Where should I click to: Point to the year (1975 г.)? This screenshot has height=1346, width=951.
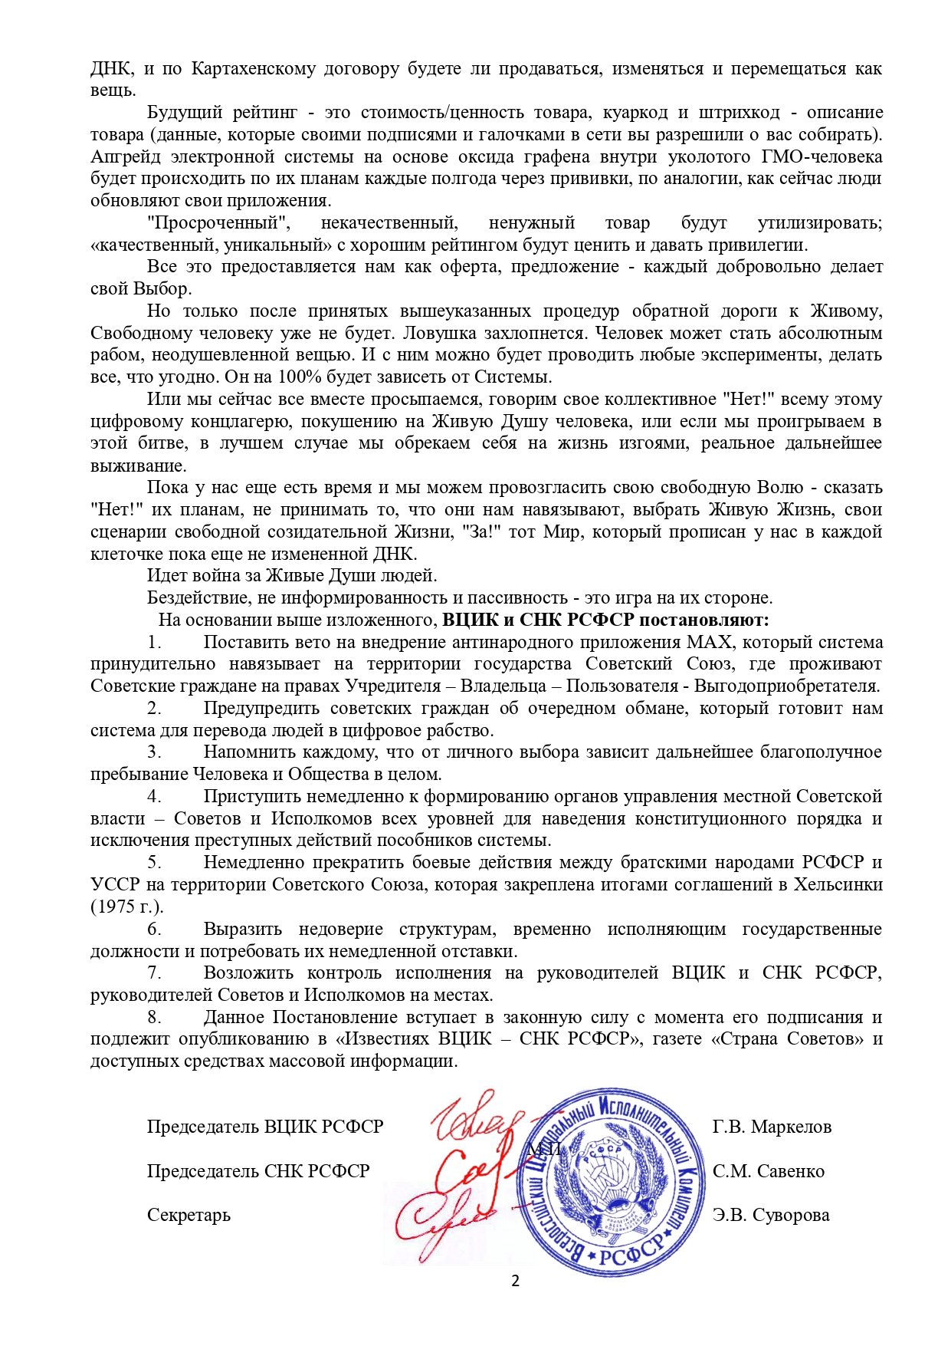127,907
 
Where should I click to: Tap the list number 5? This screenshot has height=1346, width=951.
154,863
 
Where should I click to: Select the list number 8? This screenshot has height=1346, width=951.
154,1018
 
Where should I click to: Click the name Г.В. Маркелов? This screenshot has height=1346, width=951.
772,1127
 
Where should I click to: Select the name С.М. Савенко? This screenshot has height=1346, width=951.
769,1172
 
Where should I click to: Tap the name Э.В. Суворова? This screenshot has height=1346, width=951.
771,1216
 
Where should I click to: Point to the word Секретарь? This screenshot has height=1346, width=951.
189,1216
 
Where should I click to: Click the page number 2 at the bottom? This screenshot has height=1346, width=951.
515,1281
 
